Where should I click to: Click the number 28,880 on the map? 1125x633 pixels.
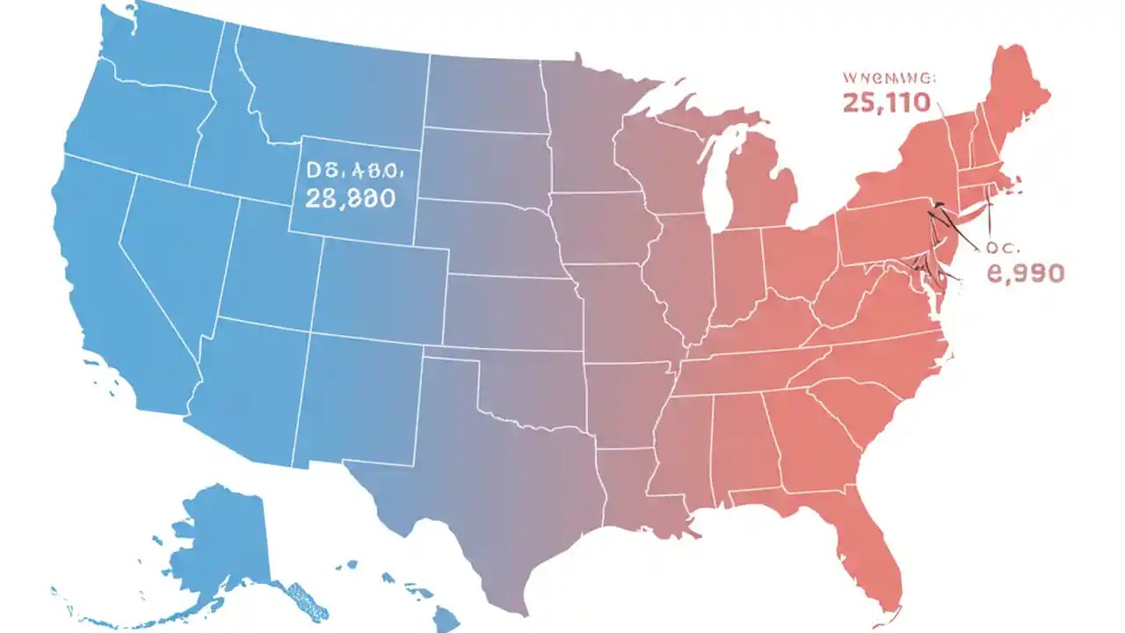[x=350, y=198]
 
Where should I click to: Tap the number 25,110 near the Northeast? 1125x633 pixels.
[x=886, y=103]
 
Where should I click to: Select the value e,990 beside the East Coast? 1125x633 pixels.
[x=1026, y=273]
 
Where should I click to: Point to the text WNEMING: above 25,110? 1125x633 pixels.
[x=889, y=77]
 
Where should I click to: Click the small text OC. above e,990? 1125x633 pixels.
[x=1001, y=248]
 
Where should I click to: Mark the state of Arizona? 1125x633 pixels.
[x=246, y=387]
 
